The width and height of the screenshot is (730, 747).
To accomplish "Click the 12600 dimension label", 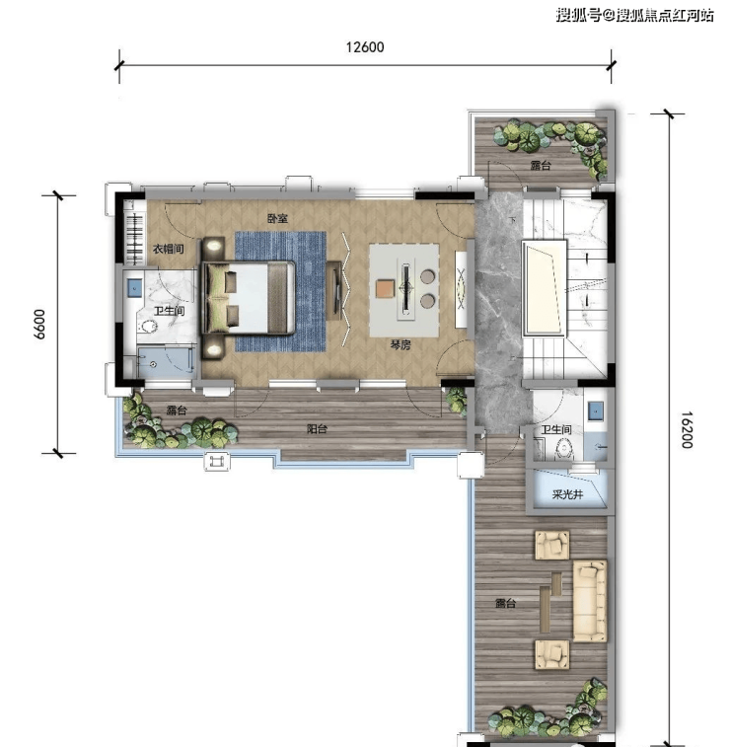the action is pos(365,47).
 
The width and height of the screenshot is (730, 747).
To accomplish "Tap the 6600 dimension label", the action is pos(39,325).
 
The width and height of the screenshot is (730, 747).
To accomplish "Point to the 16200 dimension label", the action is pos(687,429).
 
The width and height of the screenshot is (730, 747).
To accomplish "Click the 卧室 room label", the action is pos(277,219).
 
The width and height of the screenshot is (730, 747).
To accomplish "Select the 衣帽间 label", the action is pos(168,249).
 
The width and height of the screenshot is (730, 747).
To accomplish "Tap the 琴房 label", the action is pos(400,344).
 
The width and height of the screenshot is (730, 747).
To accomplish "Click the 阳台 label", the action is pos(317,429).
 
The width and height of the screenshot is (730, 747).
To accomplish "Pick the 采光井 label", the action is pos(567,494).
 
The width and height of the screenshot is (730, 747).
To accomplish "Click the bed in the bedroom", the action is pos(250,297).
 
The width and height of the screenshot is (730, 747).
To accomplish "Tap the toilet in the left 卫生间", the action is pos(149,327).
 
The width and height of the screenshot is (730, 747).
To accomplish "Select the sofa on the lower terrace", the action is pos(590,601).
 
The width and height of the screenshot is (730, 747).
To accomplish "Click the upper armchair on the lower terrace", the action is pos(551,545).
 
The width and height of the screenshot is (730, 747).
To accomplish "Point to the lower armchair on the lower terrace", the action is pos(551,654).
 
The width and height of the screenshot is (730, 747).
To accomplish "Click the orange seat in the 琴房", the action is pos(386,288).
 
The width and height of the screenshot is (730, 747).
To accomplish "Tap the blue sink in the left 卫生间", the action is pos(134,288).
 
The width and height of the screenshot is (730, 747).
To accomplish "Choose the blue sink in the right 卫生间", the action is pos(596,411).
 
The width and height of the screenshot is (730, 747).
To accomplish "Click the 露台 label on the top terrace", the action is pos(541,166).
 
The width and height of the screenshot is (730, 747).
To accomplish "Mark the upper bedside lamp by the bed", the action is pos(214,246).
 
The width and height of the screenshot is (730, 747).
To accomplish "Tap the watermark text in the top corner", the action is pos(635,15).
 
